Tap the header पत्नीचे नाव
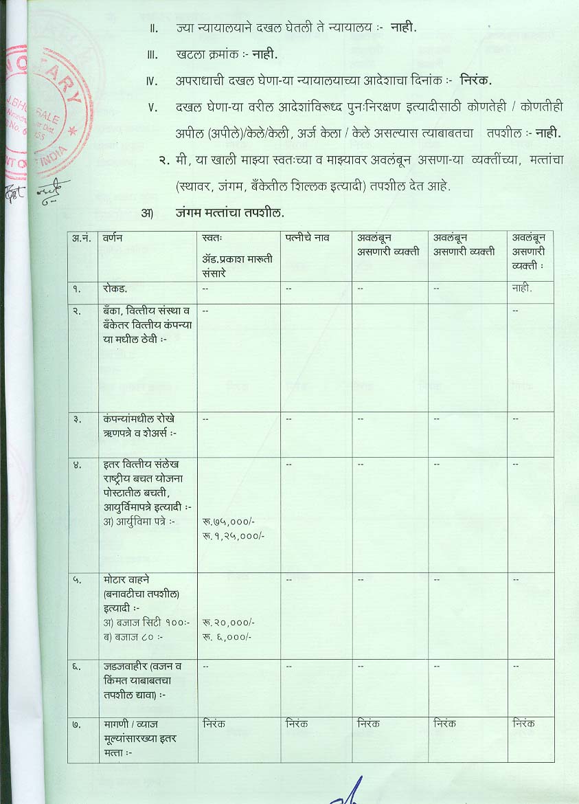pos(308,238)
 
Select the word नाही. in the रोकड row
pos(522,289)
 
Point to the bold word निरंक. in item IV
pos(476,81)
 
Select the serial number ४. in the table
pos(78,465)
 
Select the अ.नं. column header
pos(82,238)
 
